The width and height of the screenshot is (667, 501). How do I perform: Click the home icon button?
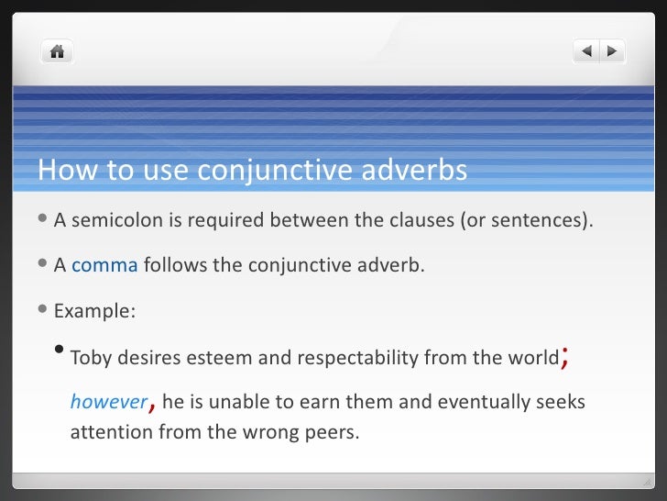click(57, 51)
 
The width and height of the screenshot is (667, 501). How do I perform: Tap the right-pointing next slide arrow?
click(611, 51)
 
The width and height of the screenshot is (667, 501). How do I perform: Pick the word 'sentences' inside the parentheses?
click(541, 220)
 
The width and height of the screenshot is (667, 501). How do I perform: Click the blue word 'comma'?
click(104, 266)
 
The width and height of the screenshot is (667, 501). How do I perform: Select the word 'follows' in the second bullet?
click(171, 266)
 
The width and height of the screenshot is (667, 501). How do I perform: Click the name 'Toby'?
click(90, 358)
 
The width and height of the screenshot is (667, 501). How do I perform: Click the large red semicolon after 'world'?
click(565, 357)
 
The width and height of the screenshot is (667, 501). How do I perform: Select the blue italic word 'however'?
click(108, 403)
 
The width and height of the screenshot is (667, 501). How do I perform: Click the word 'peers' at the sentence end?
click(332, 430)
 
